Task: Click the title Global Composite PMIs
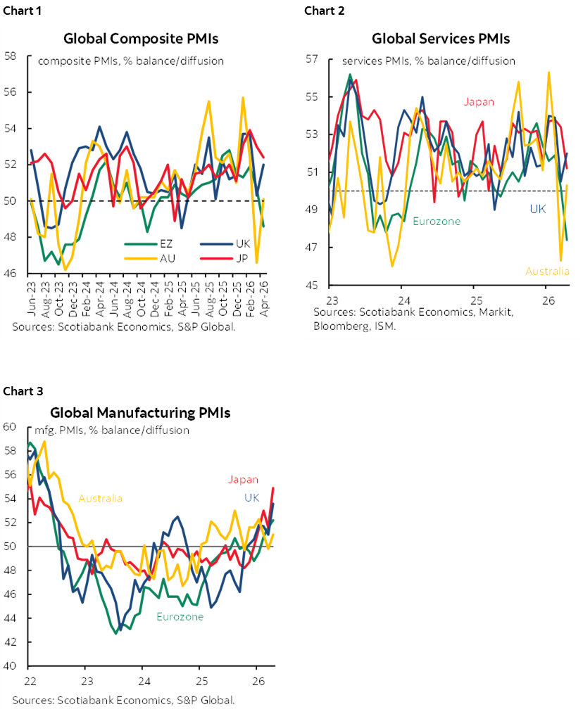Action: click(140, 39)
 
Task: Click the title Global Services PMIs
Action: click(441, 39)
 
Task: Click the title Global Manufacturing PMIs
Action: click(140, 413)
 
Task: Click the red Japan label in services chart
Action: click(479, 101)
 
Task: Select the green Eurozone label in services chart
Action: click(436, 221)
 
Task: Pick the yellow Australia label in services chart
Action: click(548, 271)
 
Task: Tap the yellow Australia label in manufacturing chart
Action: click(100, 498)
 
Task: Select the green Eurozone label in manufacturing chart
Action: click(180, 616)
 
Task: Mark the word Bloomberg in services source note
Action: click(339, 326)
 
